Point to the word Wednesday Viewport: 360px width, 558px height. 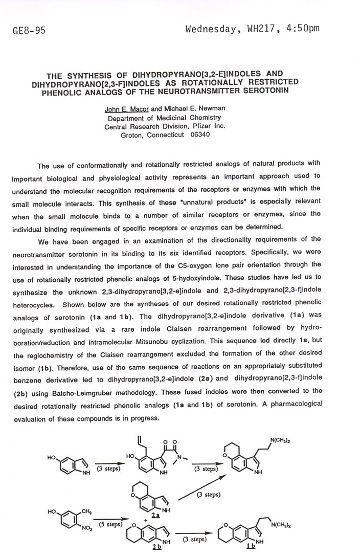pos(210,28)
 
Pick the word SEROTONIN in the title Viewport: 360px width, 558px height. pos(252,91)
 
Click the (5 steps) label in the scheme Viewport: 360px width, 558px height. pos(110,524)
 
